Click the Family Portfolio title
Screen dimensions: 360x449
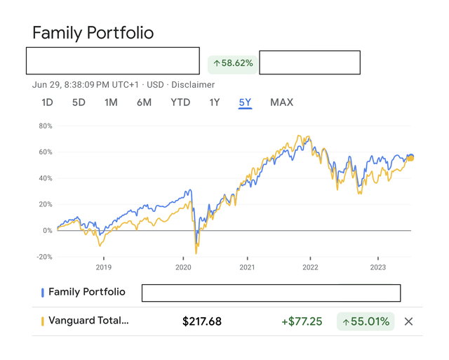tap(93, 33)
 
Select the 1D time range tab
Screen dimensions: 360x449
tap(47, 102)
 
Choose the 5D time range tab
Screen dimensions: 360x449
tap(79, 102)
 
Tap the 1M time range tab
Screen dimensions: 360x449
tap(111, 102)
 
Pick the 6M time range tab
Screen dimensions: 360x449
tap(144, 102)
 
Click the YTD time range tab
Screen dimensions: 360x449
tap(180, 102)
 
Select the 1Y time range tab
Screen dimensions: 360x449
tap(215, 102)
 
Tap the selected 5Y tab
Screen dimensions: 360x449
tap(245, 102)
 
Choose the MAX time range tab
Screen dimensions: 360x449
tap(281, 102)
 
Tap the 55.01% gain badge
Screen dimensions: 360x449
tap(365, 321)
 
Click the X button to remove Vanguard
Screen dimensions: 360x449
tap(409, 321)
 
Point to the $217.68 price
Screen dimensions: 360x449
tap(202, 321)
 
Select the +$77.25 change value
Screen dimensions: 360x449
tap(302, 321)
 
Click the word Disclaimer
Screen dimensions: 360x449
tap(193, 85)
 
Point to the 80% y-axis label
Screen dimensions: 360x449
tap(46, 126)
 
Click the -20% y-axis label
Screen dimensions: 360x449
tap(44, 257)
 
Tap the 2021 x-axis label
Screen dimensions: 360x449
tap(247, 267)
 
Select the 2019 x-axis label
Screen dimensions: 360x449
tap(103, 267)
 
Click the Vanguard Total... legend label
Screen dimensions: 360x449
tap(88, 321)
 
